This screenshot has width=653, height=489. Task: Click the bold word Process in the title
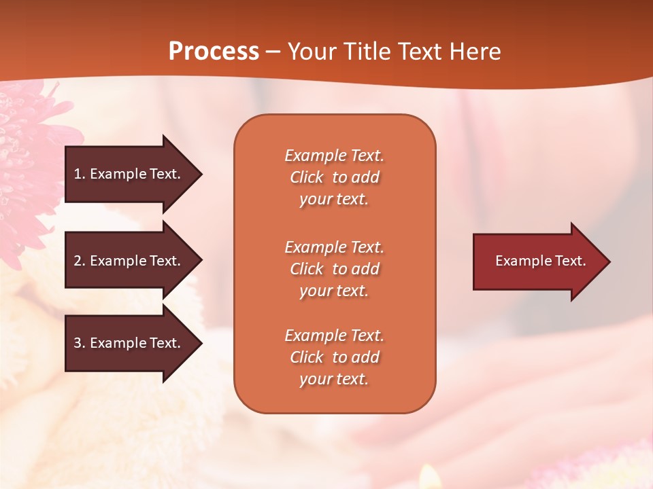click(214, 52)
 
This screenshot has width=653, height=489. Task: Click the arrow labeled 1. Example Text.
click(129, 174)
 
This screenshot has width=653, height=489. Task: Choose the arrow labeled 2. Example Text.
click(129, 261)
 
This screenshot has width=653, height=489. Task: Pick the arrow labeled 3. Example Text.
click(129, 343)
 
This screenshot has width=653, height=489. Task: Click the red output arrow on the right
click(537, 261)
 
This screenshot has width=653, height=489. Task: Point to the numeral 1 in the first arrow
click(78, 174)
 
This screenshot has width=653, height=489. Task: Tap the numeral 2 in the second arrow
click(78, 261)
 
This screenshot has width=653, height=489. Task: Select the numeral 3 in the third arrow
click(78, 343)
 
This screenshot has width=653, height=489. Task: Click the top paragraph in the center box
click(334, 177)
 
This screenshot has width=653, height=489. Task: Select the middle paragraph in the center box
click(334, 269)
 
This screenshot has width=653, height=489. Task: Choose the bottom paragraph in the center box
click(334, 357)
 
